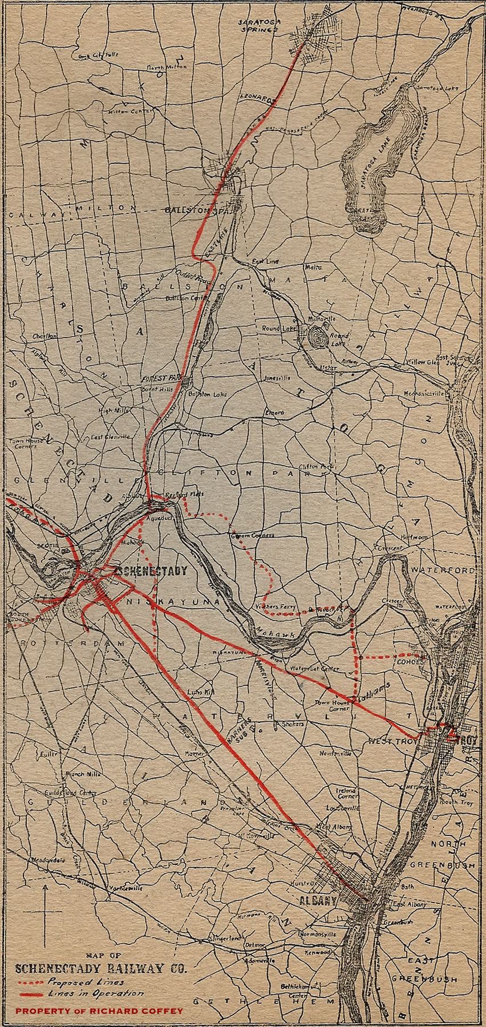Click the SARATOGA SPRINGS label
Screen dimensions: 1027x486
click(x=262, y=25)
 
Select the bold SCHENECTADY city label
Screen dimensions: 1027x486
click(x=151, y=571)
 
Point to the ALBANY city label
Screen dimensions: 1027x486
click(x=317, y=900)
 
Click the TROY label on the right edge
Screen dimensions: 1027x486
click(x=467, y=740)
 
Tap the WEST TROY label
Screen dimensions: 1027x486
click(x=392, y=741)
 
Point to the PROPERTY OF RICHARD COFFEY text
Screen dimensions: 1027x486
click(x=99, y=1012)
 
